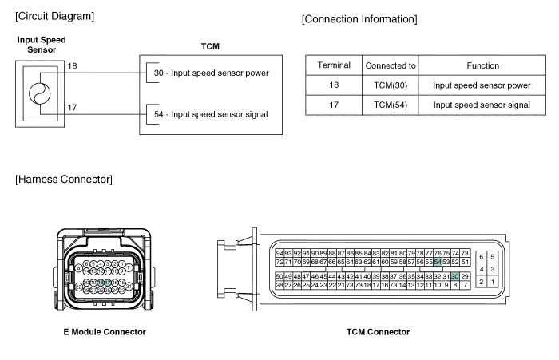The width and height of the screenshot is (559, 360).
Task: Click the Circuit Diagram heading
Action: (x=54, y=15)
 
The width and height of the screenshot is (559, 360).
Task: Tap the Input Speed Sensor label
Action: (x=42, y=44)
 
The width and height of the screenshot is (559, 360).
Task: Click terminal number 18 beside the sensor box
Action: (x=72, y=67)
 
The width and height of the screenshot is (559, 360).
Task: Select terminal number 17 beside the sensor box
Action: (x=72, y=106)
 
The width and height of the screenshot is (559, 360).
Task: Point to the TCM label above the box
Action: (x=211, y=47)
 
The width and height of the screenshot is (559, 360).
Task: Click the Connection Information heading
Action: (x=359, y=19)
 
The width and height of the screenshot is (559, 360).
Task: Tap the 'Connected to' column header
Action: (x=391, y=65)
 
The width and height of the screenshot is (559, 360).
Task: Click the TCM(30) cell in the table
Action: (x=391, y=85)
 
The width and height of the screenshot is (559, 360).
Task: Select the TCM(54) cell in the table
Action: (x=391, y=105)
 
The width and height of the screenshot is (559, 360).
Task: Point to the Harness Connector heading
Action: (x=64, y=180)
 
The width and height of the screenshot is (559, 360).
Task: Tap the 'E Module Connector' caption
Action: (x=105, y=331)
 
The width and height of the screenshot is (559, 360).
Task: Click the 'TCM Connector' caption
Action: (x=378, y=331)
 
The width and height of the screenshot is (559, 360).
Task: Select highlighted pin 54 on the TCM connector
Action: (x=438, y=262)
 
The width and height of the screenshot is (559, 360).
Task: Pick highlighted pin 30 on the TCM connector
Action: (x=454, y=276)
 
